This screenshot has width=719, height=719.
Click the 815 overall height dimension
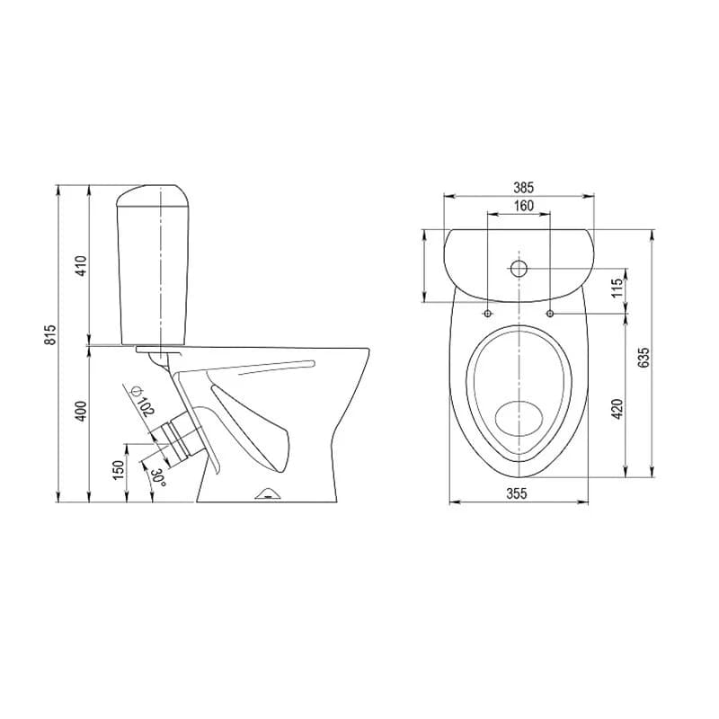point(50,334)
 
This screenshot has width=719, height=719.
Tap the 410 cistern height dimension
point(81,265)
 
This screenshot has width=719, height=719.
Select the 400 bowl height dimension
point(81,412)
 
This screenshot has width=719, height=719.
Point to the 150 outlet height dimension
point(119,470)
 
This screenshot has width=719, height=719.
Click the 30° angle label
point(157,478)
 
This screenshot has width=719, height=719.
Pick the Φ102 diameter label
point(142,401)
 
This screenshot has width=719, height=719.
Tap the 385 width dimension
point(524,188)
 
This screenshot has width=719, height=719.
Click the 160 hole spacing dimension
point(524,206)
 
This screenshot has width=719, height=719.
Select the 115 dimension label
point(617,288)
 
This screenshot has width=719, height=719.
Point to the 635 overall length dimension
point(644,357)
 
